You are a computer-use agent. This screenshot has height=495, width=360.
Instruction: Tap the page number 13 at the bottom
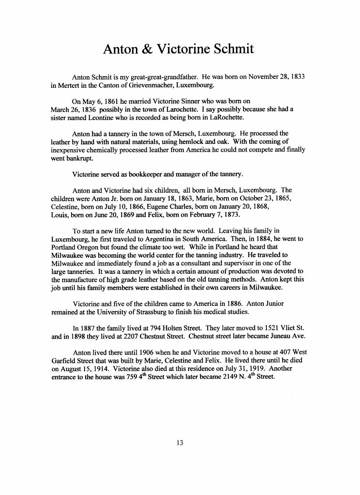180,443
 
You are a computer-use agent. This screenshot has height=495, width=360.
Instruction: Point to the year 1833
298,77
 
